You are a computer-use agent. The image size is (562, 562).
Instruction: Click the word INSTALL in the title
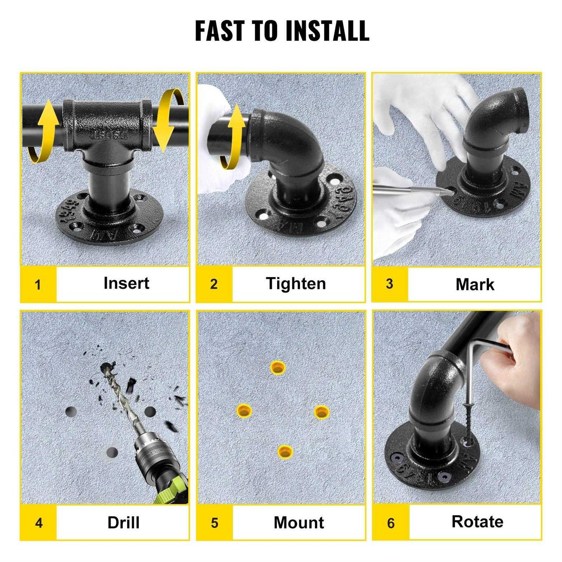[x=327, y=31]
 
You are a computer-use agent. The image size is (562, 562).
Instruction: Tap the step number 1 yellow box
[x=38, y=284]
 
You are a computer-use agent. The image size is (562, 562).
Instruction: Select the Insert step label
[x=126, y=283]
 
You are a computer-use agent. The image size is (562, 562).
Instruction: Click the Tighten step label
[x=296, y=284]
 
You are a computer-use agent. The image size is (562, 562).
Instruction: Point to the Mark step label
[x=475, y=284]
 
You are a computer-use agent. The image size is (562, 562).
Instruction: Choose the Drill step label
[x=123, y=523]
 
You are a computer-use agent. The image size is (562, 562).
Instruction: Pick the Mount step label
[x=299, y=523]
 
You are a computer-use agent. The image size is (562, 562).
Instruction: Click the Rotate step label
[x=477, y=522]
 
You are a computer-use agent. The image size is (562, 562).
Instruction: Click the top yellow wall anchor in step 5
[x=278, y=368]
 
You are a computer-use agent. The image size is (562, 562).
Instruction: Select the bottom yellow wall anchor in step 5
[x=285, y=451]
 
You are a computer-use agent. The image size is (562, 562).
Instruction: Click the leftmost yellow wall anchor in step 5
[x=244, y=411]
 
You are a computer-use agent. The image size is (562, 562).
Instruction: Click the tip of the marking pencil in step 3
[x=453, y=191]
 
